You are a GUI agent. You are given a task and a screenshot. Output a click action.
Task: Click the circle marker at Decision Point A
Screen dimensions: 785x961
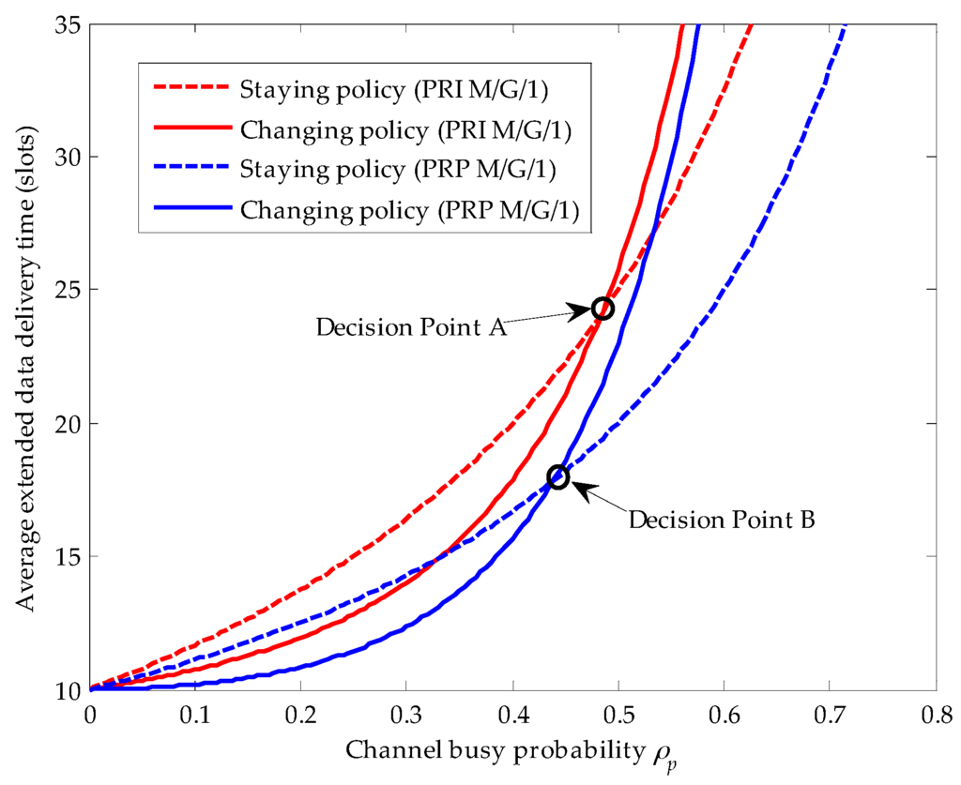603,309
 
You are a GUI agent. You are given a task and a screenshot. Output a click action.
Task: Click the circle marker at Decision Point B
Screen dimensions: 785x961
558,476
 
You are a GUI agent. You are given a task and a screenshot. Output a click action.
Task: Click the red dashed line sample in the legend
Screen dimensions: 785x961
191,91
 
